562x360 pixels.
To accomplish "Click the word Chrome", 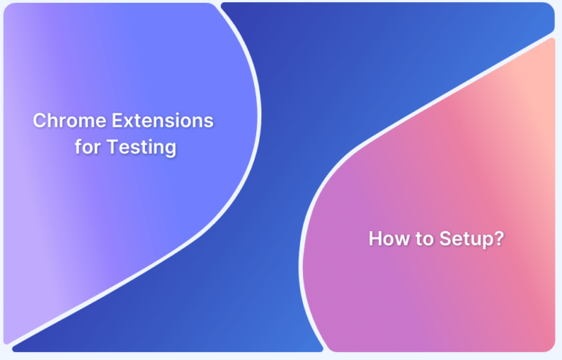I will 66,121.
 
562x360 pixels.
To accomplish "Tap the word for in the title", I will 89,147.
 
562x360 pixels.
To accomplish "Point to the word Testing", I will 142,148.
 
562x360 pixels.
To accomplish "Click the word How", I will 386,239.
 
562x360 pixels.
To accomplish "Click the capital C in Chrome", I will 39,121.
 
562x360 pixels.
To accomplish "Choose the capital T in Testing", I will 112,147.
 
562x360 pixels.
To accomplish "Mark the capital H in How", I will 375,239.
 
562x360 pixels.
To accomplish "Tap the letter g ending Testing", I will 171,150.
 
